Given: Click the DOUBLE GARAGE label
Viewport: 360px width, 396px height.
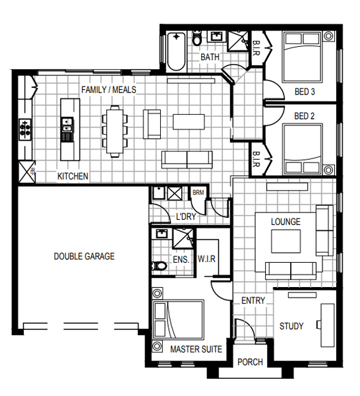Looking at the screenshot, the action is [x=84, y=256].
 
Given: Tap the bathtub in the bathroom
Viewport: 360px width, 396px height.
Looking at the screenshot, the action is [x=176, y=51].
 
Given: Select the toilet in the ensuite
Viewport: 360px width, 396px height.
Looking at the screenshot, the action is [x=159, y=265].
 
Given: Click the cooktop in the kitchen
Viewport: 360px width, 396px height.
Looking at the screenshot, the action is [x=25, y=129].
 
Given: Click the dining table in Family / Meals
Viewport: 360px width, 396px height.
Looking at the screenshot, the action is [x=115, y=131].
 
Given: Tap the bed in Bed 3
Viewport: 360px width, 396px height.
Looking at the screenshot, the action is [x=303, y=57].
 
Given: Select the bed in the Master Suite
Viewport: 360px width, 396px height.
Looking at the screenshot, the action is [x=178, y=319].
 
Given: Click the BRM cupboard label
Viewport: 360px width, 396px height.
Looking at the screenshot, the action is [x=198, y=193].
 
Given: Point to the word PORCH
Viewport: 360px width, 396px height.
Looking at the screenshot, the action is [x=251, y=362].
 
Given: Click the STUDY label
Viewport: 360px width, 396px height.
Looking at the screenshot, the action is [x=291, y=326].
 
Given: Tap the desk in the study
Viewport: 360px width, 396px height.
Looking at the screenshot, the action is [x=327, y=325].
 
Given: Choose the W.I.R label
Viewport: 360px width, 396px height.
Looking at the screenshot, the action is [x=206, y=259].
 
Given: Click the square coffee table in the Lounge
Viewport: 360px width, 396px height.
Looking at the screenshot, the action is [x=286, y=241].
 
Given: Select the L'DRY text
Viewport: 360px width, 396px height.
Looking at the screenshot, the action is [x=186, y=216].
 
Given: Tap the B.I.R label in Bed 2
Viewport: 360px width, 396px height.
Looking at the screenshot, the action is [x=256, y=159].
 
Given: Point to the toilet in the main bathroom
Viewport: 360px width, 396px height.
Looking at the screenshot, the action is [x=196, y=38].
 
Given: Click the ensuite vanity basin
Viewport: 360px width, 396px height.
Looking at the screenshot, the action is [x=161, y=234].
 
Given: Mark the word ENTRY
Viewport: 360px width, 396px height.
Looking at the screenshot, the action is [x=253, y=300].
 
